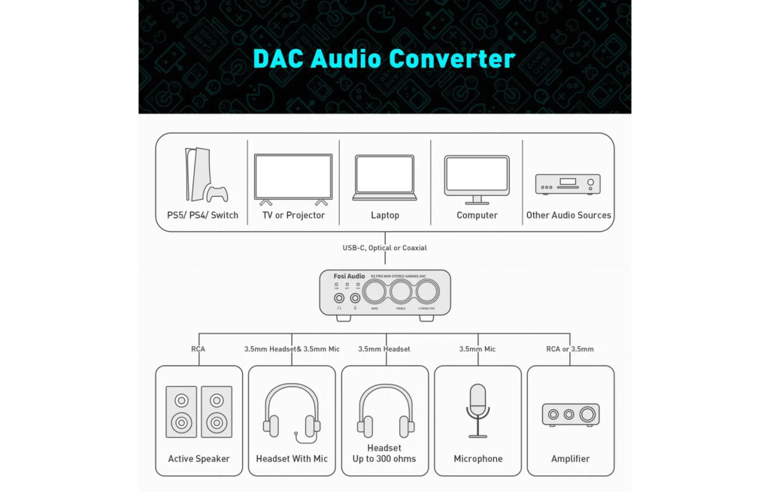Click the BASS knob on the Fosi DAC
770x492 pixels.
(374, 291)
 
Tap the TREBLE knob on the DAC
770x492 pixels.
(401, 291)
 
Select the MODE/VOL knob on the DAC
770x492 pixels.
(427, 291)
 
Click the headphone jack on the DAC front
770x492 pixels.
(339, 297)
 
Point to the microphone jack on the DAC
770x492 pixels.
(354, 297)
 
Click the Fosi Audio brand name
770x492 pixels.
(349, 276)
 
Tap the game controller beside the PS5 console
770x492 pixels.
(217, 194)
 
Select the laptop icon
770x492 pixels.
(384, 177)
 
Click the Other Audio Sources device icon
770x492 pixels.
(568, 184)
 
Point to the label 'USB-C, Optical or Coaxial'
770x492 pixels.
(384, 248)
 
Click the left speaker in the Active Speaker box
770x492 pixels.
(181, 412)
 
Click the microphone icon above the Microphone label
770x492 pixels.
(477, 410)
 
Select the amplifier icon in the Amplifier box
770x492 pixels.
(570, 414)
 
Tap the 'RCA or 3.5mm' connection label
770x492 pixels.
(570, 349)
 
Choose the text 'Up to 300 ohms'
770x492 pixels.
(384, 459)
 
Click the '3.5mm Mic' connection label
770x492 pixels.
(477, 349)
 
